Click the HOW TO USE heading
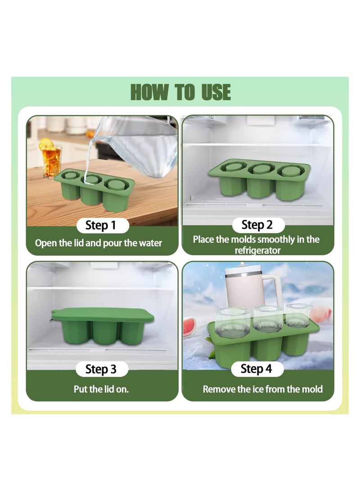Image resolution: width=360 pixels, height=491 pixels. pos(180,92)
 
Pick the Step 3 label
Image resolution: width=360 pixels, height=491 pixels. pos(100,369)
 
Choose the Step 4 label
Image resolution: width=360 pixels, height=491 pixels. pos(256,369)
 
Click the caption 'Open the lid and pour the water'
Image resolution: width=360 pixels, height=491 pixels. pos(99,243)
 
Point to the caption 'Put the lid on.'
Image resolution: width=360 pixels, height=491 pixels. pos(101,389)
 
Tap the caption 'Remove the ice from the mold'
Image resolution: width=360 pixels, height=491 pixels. pos(262,389)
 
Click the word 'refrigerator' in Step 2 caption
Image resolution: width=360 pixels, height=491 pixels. pos(257,250)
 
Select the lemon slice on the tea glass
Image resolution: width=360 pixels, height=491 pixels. pos(45,144)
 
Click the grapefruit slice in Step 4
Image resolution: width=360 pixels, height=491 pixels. pos(189,327)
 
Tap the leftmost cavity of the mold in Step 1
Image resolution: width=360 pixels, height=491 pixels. pos(71,177)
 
